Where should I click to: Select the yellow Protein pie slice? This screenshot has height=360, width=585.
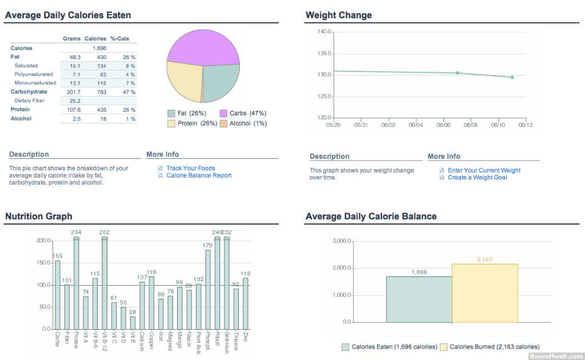tap(183, 83)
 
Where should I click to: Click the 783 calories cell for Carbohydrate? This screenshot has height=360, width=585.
tap(98, 92)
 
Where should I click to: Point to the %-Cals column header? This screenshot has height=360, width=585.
tap(119, 38)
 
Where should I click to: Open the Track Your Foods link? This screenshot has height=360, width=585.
tap(190, 169)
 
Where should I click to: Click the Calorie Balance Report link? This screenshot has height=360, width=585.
tap(199, 175)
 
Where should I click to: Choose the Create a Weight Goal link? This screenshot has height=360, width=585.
tap(477, 178)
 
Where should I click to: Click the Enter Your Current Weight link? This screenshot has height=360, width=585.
tap(484, 170)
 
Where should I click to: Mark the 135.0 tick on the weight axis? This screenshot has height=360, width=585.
tap(324, 53)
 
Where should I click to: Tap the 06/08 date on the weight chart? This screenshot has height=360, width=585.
tap(471, 125)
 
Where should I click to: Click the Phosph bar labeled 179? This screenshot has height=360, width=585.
tap(208, 289)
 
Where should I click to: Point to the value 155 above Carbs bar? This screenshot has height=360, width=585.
tap(57, 256)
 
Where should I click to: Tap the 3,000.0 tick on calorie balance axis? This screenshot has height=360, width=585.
tap(340, 241)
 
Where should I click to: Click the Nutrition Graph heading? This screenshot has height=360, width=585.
tap(38, 217)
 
